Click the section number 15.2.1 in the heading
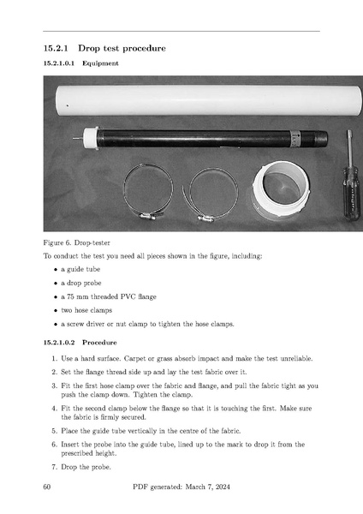[56, 48]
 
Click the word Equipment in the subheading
[100, 63]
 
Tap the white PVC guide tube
[208, 100]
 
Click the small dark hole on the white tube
[68, 105]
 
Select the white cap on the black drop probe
[91, 139]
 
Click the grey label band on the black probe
[295, 139]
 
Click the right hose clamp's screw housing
[205, 218]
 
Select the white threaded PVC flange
[281, 189]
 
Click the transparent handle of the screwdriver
[351, 194]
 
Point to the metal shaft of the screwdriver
[350, 148]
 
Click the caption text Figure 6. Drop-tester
[77, 243]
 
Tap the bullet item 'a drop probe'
[81, 283]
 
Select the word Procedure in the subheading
[99, 343]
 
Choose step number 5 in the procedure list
[55, 431]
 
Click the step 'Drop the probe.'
[86, 467]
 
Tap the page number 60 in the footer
[47, 487]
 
